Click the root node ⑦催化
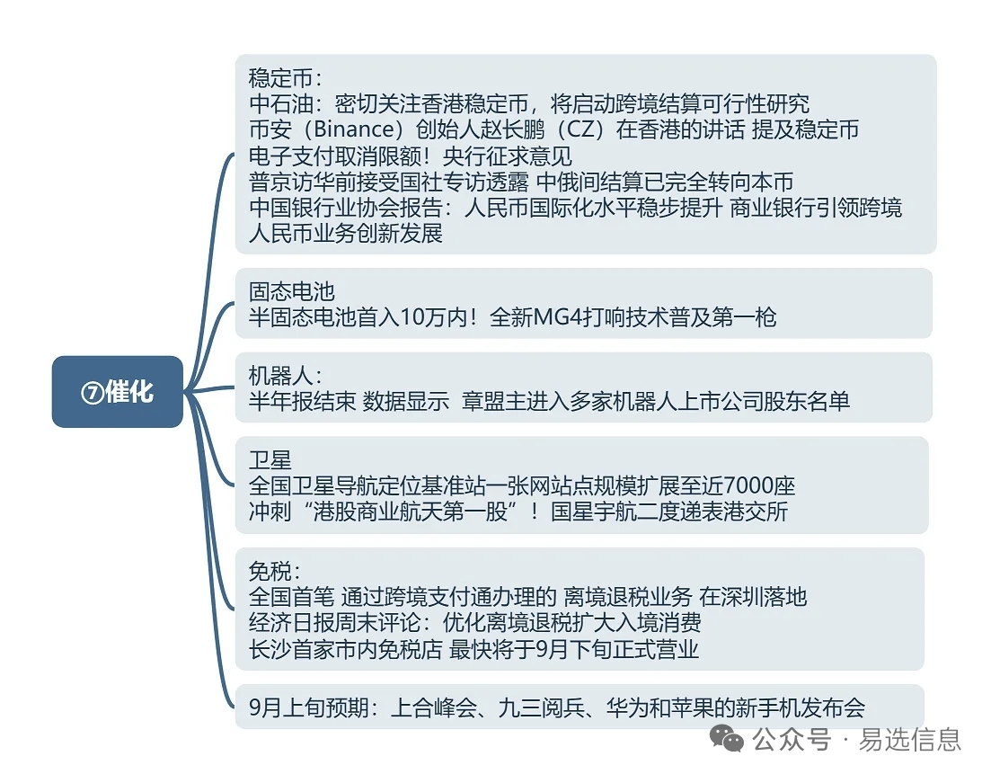click(118, 392)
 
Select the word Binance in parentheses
click(354, 129)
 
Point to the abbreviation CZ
click(580, 129)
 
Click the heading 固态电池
click(291, 291)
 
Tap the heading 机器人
click(280, 376)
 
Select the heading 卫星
click(270, 459)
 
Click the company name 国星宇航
click(594, 511)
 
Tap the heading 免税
click(270, 571)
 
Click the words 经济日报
click(291, 622)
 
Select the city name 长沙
click(270, 649)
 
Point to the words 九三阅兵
click(542, 707)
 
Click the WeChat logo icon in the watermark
click(727, 739)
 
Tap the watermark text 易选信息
click(909, 739)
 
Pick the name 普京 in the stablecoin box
click(270, 182)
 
